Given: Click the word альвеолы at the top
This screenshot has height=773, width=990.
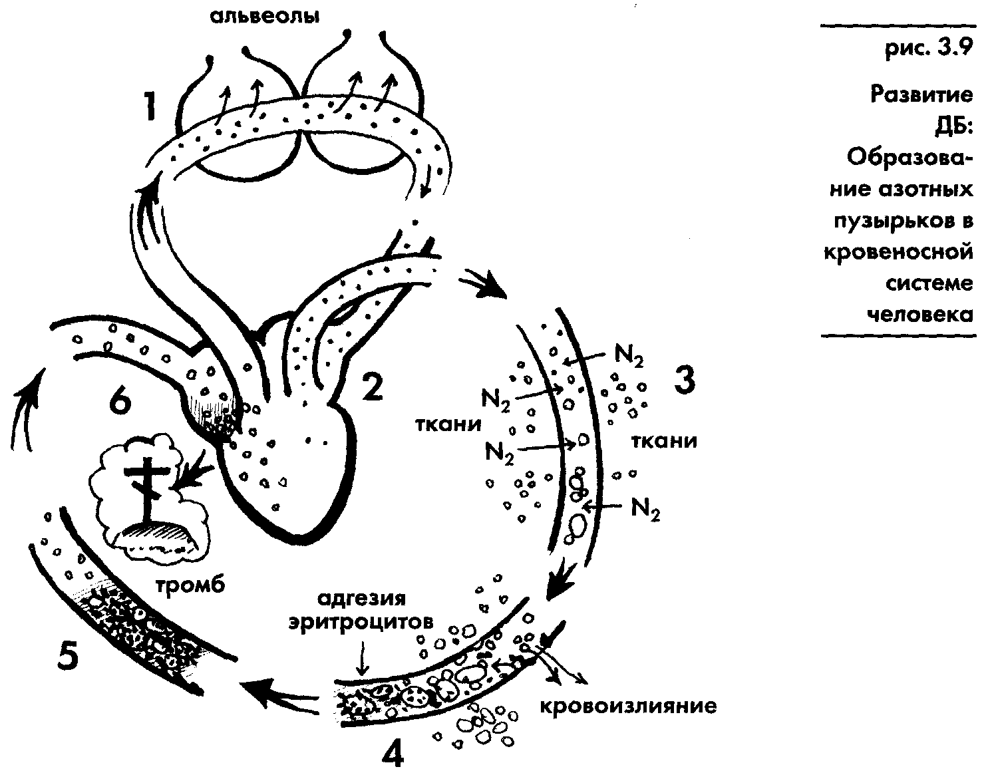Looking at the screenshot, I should point(265,16).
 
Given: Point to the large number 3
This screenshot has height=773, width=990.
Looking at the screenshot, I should point(684,380).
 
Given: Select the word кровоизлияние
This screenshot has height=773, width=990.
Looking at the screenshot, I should point(627,705).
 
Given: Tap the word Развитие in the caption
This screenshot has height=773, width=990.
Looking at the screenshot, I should point(922,94).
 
